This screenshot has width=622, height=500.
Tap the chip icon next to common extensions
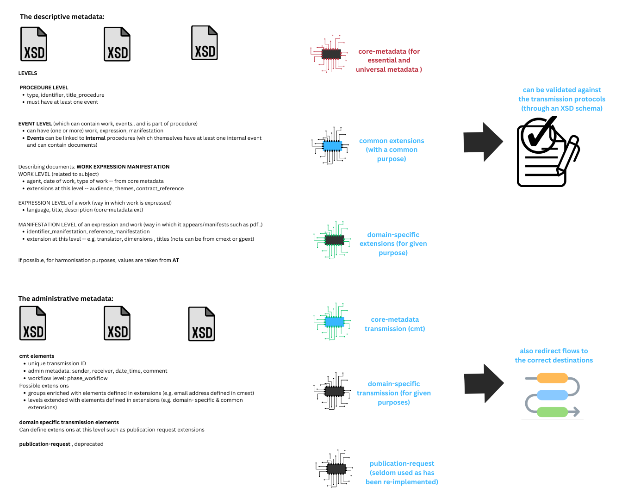click(x=332, y=146)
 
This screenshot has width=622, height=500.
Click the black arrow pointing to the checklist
click(x=483, y=142)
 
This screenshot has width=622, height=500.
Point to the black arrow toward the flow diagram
click(x=483, y=383)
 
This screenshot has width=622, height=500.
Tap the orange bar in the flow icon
click(x=552, y=378)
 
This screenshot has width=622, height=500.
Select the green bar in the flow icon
click(x=552, y=412)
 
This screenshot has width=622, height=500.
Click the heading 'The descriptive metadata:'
click(x=62, y=17)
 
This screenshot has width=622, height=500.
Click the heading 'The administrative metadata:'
click(x=66, y=299)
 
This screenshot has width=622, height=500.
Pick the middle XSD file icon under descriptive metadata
click(x=117, y=44)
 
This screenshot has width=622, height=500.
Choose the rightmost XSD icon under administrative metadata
click(x=201, y=324)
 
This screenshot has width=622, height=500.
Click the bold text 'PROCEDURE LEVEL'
click(x=44, y=87)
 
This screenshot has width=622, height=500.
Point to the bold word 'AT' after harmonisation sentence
click(x=176, y=260)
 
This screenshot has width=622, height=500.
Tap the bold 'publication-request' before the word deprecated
click(x=45, y=444)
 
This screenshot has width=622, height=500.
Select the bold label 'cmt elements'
click(x=37, y=356)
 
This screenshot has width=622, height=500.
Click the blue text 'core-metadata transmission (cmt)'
click(x=395, y=324)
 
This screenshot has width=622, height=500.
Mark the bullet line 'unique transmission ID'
click(x=57, y=363)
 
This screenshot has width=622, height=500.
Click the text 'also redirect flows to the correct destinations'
click(x=554, y=356)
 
